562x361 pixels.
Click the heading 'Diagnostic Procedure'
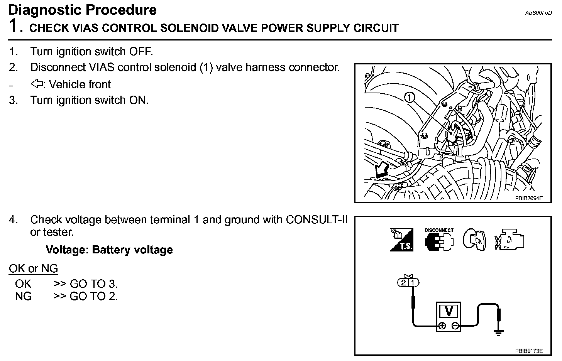(82, 10)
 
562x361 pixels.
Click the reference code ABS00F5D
(538, 13)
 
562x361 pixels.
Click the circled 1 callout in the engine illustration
(410, 97)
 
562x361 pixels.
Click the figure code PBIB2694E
(528, 198)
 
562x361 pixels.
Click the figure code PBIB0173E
(528, 351)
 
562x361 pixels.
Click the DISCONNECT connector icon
(439, 240)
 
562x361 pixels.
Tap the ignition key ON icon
(474, 240)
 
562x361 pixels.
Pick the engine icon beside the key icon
(510, 240)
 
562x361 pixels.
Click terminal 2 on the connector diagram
(404, 283)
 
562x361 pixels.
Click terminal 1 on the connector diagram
(413, 283)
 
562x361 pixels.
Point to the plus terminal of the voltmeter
(442, 326)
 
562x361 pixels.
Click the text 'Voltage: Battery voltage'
(109, 250)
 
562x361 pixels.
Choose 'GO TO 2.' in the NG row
(93, 297)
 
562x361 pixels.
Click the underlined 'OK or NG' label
(33, 269)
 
